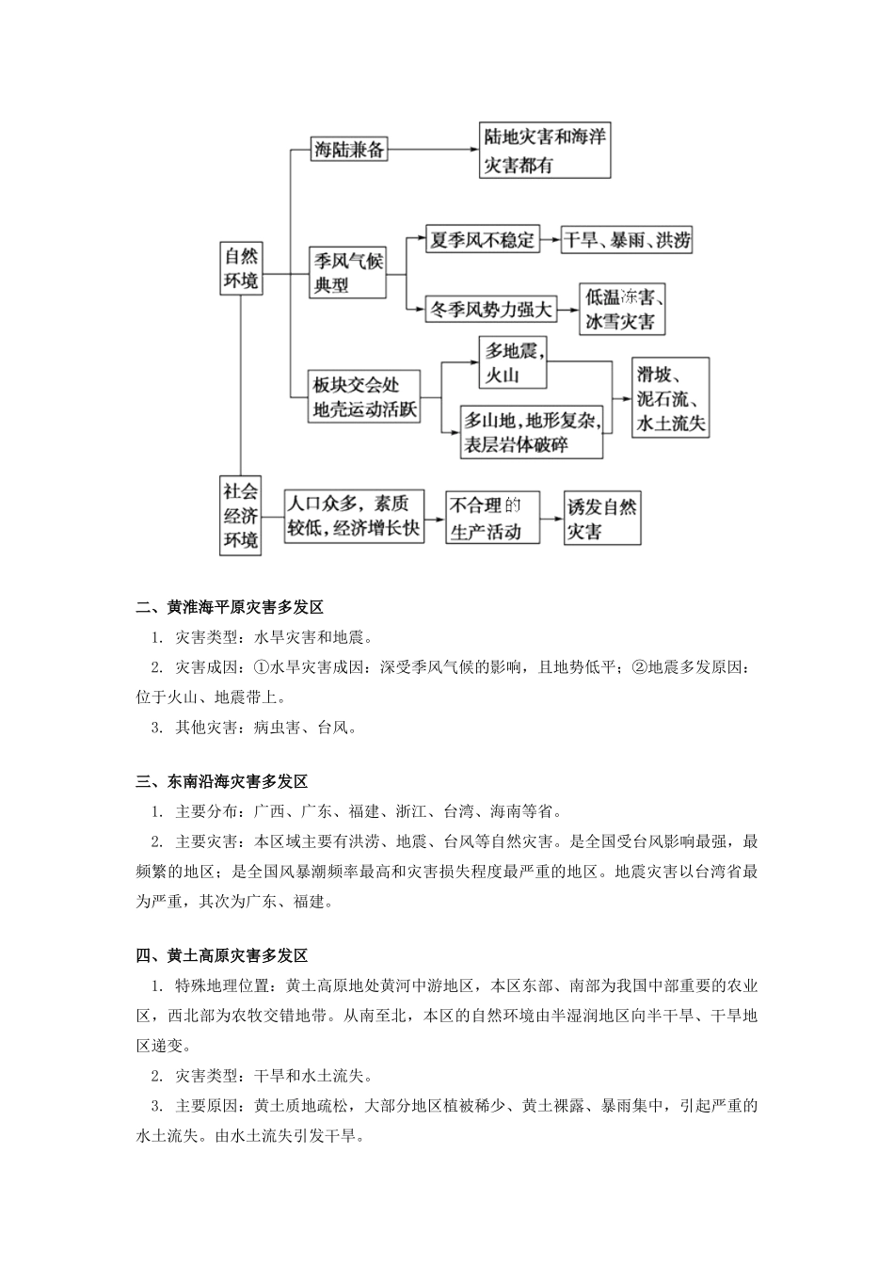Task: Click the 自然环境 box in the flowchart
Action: (x=241, y=269)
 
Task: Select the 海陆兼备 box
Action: (x=349, y=148)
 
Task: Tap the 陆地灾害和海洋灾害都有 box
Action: (x=545, y=150)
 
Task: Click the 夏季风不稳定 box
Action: (x=482, y=239)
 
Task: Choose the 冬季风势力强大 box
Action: (x=490, y=308)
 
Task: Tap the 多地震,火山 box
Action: (x=511, y=362)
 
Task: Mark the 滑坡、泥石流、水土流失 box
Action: (x=671, y=397)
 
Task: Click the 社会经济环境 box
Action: (x=241, y=516)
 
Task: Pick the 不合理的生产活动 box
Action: (x=494, y=518)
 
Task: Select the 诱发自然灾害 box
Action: (x=602, y=518)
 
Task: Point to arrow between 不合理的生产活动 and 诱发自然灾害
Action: (x=553, y=518)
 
